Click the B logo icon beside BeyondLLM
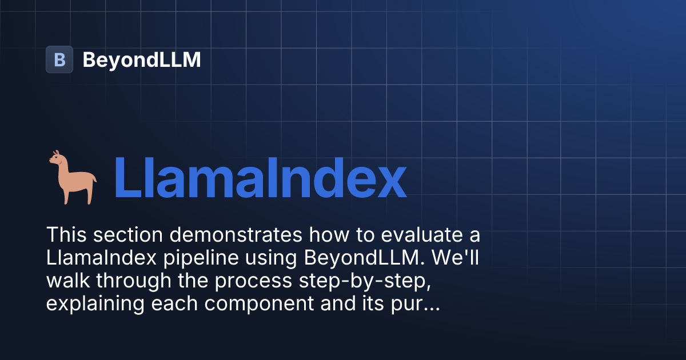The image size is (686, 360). coord(59,59)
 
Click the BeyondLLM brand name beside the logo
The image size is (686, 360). coord(141,59)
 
